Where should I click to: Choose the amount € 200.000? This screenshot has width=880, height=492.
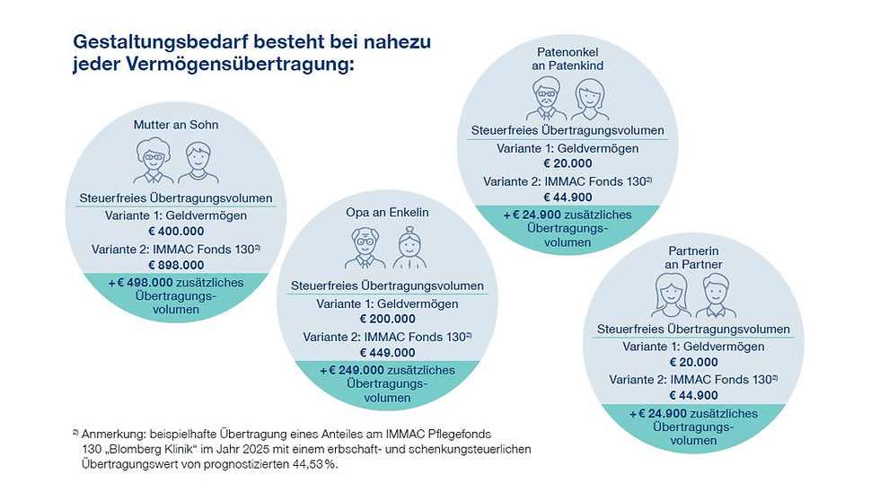388,319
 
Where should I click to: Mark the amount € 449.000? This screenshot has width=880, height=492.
388,353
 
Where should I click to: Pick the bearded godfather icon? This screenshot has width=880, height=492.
545,97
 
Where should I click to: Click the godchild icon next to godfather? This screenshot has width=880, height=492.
591,97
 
